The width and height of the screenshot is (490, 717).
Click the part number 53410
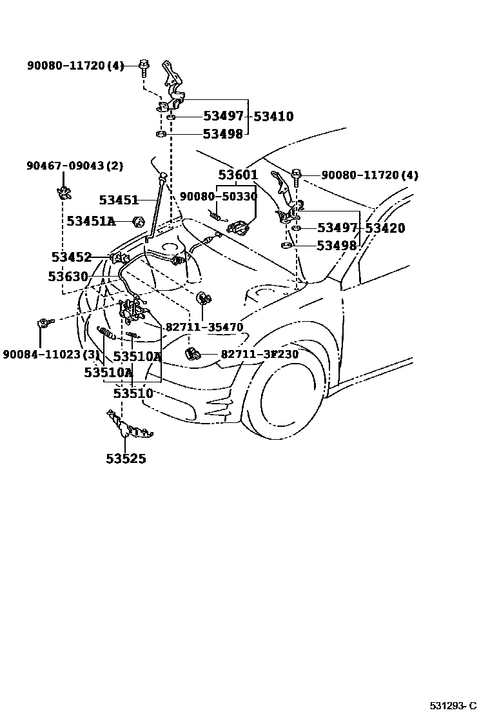(273, 117)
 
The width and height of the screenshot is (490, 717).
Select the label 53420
(385, 228)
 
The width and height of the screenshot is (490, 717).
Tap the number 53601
(238, 175)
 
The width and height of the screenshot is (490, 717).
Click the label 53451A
(91, 222)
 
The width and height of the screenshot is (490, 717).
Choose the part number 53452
(72, 257)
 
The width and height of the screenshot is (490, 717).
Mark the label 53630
(68, 277)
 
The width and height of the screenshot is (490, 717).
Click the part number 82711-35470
(204, 328)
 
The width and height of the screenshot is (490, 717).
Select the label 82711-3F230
(260, 355)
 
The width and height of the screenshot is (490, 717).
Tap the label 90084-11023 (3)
(51, 355)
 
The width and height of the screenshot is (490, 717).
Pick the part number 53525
(126, 459)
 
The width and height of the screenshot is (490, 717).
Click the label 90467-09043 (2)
(75, 166)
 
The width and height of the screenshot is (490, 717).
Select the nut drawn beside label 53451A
(137, 222)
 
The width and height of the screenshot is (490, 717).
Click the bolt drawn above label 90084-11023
(44, 322)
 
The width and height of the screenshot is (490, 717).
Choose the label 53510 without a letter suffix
(133, 393)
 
